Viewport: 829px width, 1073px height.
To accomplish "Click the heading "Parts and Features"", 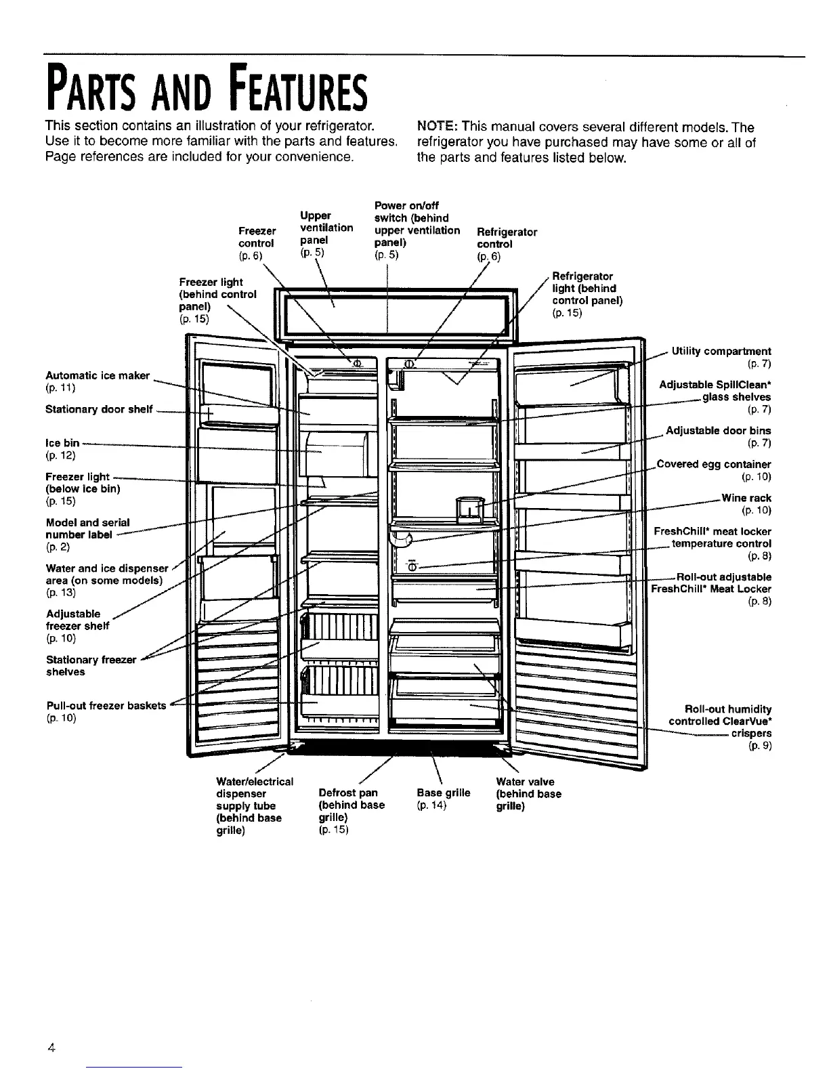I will tap(207, 89).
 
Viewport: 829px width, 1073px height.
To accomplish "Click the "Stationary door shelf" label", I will tap(99, 409).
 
